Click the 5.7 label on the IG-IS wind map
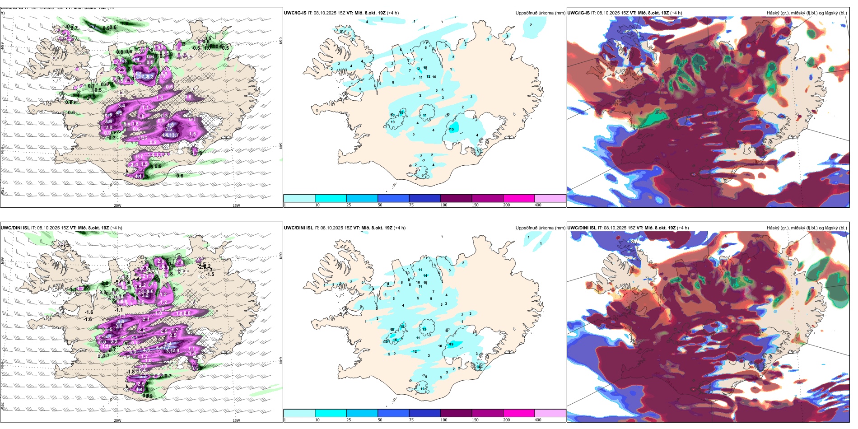coord(92,27)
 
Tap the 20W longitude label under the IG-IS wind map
coord(117,205)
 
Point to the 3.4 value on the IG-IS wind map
coord(121,106)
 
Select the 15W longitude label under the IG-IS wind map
coord(236,205)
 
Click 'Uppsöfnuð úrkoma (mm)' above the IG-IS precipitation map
coord(540,13)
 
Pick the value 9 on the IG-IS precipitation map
coord(360,89)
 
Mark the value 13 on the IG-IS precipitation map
coord(392,115)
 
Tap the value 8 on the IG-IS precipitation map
coord(393,82)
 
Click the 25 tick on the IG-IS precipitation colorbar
coord(348,205)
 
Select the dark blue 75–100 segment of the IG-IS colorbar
coord(424,198)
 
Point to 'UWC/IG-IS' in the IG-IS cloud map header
coord(578,13)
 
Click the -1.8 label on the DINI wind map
coord(131,372)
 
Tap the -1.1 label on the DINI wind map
coord(119,310)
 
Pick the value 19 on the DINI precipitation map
coord(451,345)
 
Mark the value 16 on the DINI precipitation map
coord(395,340)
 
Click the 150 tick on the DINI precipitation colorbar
coord(475,420)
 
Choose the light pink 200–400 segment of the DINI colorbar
coord(550,413)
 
